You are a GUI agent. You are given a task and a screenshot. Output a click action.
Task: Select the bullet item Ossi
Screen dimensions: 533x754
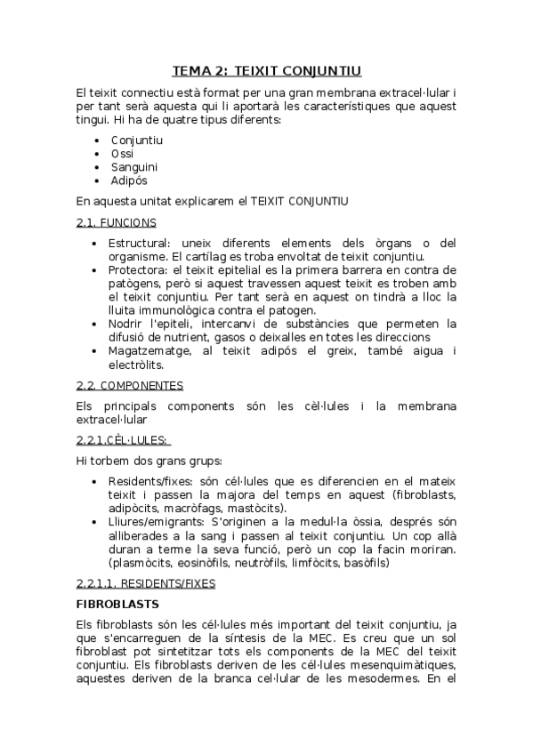(x=123, y=154)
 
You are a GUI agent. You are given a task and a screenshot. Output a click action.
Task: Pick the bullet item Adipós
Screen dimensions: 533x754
(x=129, y=180)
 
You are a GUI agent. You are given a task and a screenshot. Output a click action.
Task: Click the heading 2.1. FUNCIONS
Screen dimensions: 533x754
(x=117, y=222)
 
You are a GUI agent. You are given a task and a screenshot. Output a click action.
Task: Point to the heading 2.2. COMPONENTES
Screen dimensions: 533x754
(x=130, y=386)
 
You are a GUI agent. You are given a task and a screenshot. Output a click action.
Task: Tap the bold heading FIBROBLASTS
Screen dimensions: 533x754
(x=113, y=604)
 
